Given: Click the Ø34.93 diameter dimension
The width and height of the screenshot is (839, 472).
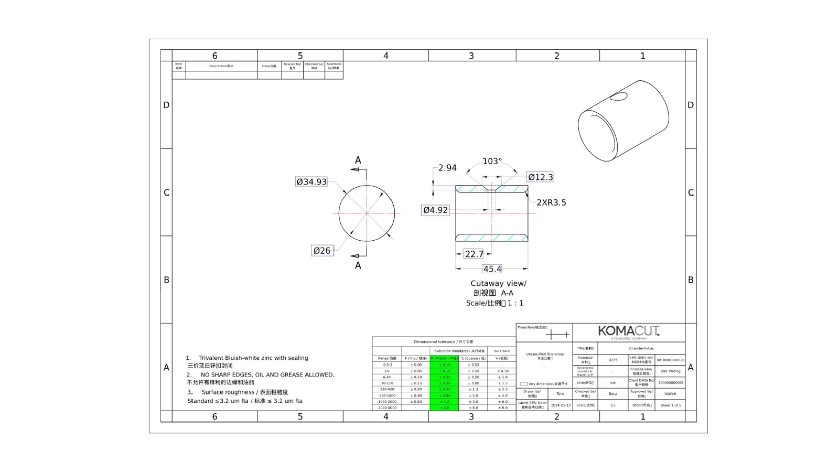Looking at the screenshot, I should pyautogui.click(x=311, y=182).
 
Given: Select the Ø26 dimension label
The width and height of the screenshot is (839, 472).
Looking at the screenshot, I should pyautogui.click(x=322, y=251).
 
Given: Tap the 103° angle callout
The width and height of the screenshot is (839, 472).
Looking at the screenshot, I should pyautogui.click(x=492, y=162).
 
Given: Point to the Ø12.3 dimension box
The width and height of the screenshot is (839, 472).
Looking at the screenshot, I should pyautogui.click(x=540, y=177).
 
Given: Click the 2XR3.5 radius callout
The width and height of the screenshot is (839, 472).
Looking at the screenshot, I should pyautogui.click(x=551, y=202).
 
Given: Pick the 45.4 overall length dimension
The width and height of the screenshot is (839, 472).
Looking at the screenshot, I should pyautogui.click(x=492, y=269).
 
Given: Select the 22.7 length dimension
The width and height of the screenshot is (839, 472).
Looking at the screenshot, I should pyautogui.click(x=474, y=254).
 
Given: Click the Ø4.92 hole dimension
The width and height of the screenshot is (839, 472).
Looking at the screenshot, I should pyautogui.click(x=436, y=210).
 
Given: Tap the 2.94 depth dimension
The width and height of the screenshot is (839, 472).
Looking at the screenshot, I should pyautogui.click(x=447, y=168).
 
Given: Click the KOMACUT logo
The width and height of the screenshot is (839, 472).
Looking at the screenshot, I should pyautogui.click(x=628, y=331).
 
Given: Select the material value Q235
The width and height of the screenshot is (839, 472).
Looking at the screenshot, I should pyautogui.click(x=613, y=360).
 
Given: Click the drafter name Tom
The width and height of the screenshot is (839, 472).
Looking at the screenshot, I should pyautogui.click(x=560, y=394).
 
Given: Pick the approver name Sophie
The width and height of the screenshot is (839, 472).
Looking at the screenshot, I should pyautogui.click(x=670, y=393).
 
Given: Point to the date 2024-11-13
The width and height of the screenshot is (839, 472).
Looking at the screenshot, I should pyautogui.click(x=561, y=405).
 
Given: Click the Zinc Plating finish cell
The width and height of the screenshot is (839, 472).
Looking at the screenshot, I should pyautogui.click(x=670, y=371).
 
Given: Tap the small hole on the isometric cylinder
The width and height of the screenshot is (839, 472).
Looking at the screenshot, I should pyautogui.click(x=619, y=96).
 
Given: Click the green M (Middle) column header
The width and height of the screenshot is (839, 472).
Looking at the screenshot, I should pyautogui.click(x=444, y=358).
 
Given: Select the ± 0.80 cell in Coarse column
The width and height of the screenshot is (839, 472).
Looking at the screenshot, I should pyautogui.click(x=473, y=383).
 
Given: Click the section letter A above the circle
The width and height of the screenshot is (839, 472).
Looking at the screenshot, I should pyautogui.click(x=358, y=160).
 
